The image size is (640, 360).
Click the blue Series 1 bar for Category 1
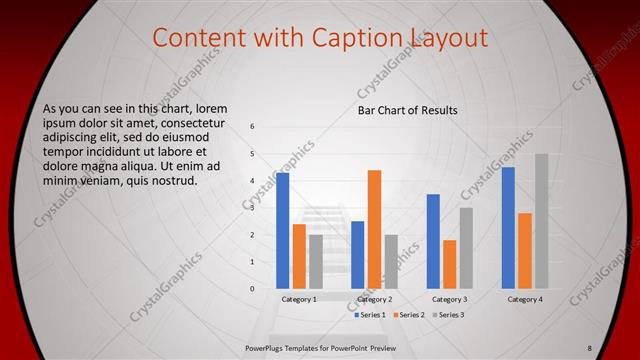click(x=283, y=230)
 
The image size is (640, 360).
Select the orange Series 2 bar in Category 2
click(x=374, y=229)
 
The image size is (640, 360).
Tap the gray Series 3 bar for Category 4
click(x=541, y=221)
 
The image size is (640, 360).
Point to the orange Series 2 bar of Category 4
click(x=525, y=250)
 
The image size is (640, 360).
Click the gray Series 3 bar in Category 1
click(x=316, y=261)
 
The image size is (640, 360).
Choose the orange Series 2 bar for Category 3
click(x=449, y=264)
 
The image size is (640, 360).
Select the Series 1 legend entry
click(x=371, y=315)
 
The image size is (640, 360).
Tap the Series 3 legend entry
click(x=447, y=315)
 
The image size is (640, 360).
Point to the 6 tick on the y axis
click(x=253, y=127)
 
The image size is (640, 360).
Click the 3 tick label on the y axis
click(x=253, y=208)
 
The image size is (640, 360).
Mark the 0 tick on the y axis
click(x=253, y=289)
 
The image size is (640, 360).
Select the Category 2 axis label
click(x=374, y=299)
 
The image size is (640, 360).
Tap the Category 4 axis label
click(x=525, y=299)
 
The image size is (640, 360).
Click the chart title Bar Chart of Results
click(x=408, y=109)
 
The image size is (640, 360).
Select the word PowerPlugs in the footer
click(x=269, y=346)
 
